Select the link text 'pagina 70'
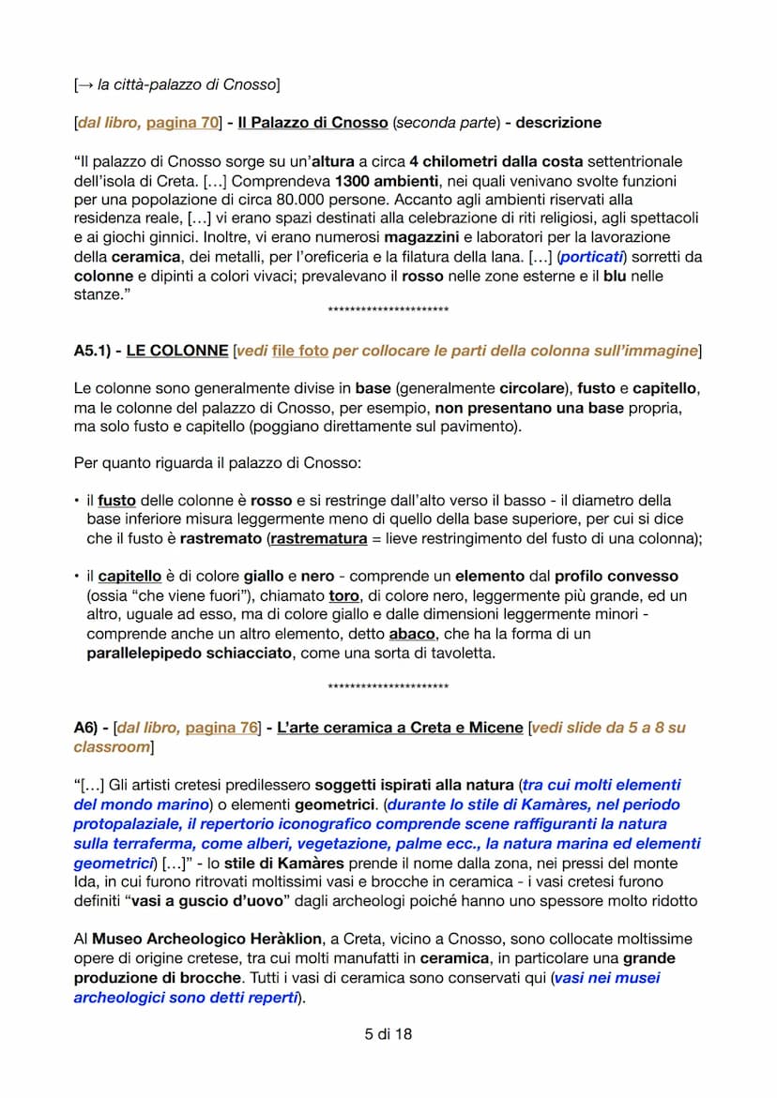184,123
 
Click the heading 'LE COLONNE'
176,351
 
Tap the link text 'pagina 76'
221,728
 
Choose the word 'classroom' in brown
111,747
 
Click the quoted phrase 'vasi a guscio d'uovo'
190,900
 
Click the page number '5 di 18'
388,1034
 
